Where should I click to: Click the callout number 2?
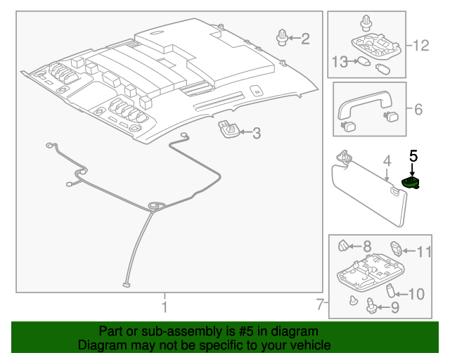(304, 39)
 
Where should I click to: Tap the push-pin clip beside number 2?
(282, 37)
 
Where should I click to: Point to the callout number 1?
(164, 307)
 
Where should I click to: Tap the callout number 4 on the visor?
(386, 164)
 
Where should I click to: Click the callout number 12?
(420, 46)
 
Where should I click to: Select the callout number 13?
(340, 62)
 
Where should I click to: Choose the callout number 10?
(416, 293)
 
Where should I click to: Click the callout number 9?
(394, 307)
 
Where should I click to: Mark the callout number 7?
(320, 305)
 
